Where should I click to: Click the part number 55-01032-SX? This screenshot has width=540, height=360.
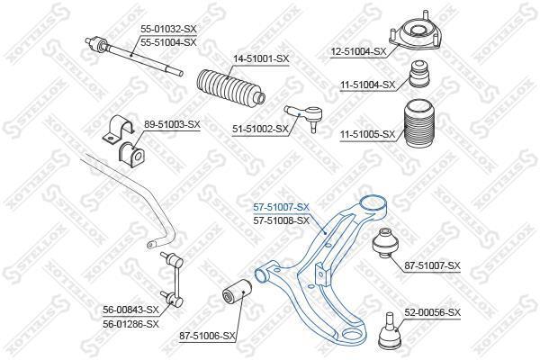pyautogui.click(x=168, y=29)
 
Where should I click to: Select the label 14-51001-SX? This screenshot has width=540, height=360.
pyautogui.click(x=261, y=58)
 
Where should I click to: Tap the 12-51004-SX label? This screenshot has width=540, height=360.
pyautogui.click(x=358, y=52)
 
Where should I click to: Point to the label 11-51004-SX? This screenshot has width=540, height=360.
pyautogui.click(x=368, y=85)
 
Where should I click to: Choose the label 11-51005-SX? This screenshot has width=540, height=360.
pyautogui.click(x=368, y=134)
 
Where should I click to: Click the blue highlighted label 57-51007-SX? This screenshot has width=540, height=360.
pyautogui.click(x=282, y=207)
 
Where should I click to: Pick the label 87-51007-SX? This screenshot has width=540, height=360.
pyautogui.click(x=432, y=265)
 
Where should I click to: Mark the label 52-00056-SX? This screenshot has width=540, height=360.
pyautogui.click(x=432, y=313)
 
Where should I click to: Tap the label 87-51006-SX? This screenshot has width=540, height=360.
pyautogui.click(x=207, y=336)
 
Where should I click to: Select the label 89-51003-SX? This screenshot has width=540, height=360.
pyautogui.click(x=172, y=124)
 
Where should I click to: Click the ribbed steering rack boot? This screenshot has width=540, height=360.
pyautogui.click(x=230, y=87)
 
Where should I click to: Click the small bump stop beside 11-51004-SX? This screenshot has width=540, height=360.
pyautogui.click(x=419, y=74)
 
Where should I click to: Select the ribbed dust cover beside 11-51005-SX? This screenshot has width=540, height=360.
pyautogui.click(x=419, y=126)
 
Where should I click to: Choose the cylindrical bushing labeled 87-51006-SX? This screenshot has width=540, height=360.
pyautogui.click(x=237, y=292)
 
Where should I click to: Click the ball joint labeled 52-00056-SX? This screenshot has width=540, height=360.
pyautogui.click(x=389, y=331)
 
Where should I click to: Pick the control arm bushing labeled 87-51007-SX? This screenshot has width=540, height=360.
pyautogui.click(x=385, y=242)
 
